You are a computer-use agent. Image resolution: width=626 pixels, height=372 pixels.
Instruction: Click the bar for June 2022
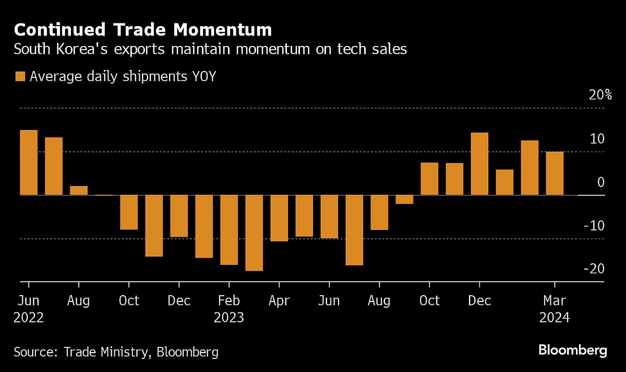click(29, 162)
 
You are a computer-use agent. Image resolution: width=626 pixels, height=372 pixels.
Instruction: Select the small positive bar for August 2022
click(79, 191)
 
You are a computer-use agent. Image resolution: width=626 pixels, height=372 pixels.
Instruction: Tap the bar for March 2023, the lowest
click(254, 233)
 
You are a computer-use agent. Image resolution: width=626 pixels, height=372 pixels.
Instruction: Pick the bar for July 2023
click(354, 230)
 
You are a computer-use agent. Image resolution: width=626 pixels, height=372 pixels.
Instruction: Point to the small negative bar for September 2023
click(404, 200)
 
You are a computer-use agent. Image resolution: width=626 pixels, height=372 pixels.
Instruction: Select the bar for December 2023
click(479, 164)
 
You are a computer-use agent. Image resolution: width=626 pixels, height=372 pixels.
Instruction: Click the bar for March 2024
click(555, 173)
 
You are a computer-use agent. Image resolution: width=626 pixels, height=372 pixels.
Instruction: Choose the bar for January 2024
click(504, 182)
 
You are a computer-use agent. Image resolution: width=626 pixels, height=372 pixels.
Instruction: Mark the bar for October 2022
click(129, 212)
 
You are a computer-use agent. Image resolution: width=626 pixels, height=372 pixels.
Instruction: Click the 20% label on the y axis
click(594, 95)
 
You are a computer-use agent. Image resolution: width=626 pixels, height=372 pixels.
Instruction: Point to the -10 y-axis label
click(594, 226)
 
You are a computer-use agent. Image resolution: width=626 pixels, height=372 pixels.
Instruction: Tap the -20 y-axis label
click(594, 269)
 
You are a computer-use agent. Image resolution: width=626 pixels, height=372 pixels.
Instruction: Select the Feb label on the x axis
click(228, 301)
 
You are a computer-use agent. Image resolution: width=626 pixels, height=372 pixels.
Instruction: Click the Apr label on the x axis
click(279, 301)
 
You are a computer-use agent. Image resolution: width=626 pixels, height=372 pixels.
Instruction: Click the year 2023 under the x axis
click(228, 318)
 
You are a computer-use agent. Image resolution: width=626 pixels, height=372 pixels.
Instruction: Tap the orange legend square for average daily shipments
click(20, 77)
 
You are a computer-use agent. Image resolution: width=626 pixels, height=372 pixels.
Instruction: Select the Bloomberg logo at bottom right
click(572, 350)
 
